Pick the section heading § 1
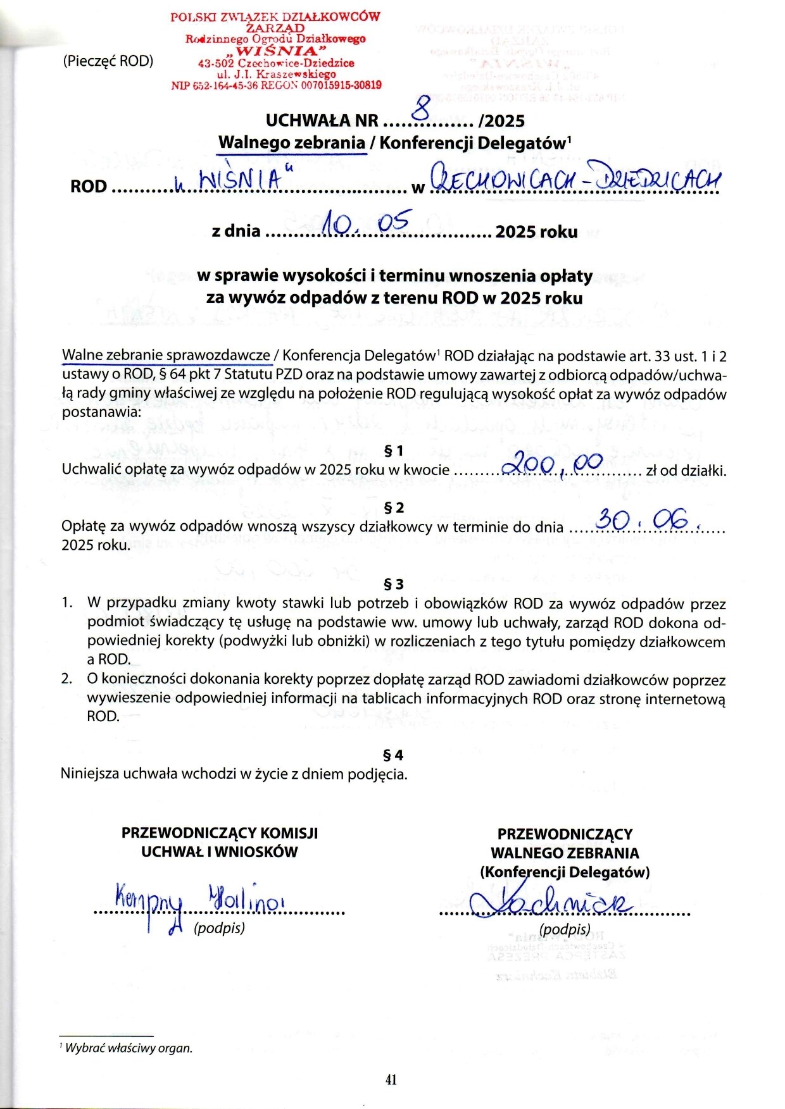coord(393,450)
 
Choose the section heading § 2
coord(393,508)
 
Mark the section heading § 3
coord(393,584)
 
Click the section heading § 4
coord(393,755)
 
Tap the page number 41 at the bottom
coord(391,1079)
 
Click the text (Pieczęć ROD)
coord(108,61)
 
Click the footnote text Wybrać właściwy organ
coord(129,1048)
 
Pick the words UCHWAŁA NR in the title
coord(322,121)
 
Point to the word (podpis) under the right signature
coord(565,929)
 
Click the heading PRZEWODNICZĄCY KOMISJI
coord(220,833)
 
